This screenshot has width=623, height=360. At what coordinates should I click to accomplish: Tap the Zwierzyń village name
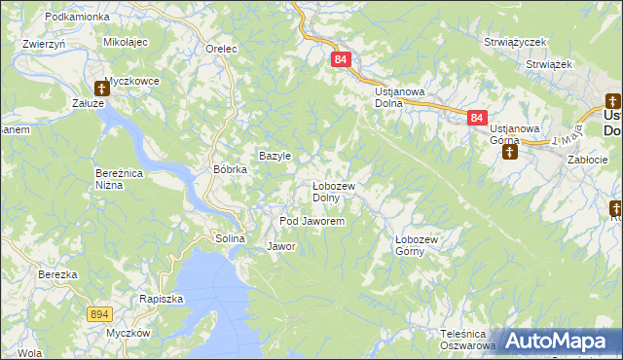[43, 44]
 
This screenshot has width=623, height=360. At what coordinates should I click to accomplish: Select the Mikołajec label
[125, 44]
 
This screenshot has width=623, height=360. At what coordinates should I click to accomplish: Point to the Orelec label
[223, 49]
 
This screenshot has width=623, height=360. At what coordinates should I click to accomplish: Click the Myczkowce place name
[131, 81]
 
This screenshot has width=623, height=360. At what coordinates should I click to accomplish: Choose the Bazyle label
[275, 156]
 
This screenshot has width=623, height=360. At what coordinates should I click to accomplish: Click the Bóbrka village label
[231, 169]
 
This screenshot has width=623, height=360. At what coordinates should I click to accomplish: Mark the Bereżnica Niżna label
[121, 179]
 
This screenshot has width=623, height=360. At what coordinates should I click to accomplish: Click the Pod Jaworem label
[312, 222]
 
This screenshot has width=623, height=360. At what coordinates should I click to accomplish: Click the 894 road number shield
[99, 314]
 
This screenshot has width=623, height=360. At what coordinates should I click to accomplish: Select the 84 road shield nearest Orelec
[340, 59]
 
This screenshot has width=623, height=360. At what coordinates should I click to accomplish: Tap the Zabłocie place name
[586, 160]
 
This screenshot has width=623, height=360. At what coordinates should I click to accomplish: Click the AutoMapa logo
[558, 341]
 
